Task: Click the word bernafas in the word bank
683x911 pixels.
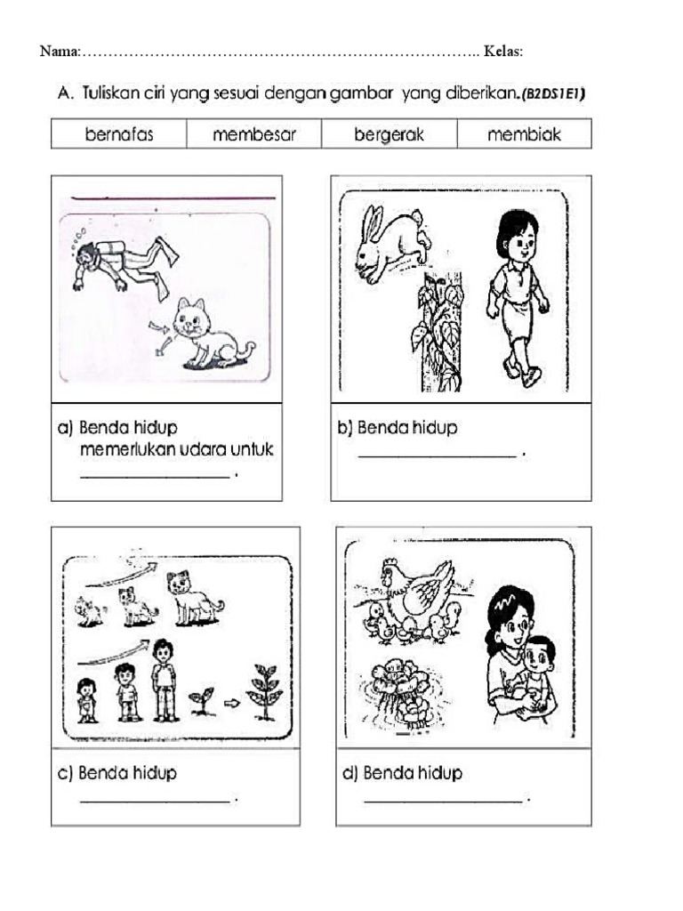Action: click(x=119, y=135)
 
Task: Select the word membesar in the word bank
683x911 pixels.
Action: click(x=254, y=135)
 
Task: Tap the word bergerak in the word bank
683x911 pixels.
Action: click(x=390, y=135)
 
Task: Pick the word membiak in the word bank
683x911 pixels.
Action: click(x=525, y=135)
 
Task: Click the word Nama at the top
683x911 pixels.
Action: click(x=59, y=51)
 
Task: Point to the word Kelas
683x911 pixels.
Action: click(x=502, y=51)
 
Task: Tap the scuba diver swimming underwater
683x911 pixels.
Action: click(x=125, y=262)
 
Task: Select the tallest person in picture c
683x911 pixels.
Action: click(x=164, y=680)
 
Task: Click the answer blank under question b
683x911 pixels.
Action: click(x=437, y=455)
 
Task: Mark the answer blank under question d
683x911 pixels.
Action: click(x=443, y=802)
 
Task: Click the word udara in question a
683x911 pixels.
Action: click(x=201, y=450)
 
